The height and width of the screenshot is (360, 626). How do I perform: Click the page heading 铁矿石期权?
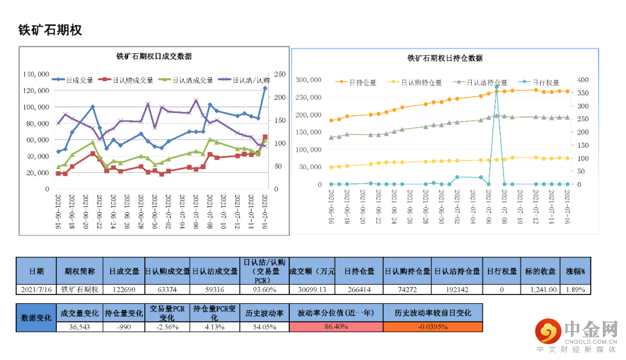(x=50, y=30)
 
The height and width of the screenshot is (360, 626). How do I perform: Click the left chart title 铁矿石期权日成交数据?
(x=154, y=57)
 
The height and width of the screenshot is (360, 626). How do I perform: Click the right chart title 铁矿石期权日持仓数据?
(x=445, y=58)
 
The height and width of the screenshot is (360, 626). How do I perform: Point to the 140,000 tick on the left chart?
(x=36, y=74)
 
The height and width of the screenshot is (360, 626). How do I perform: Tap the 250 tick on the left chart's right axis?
(x=280, y=74)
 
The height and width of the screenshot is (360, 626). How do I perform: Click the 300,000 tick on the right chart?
(x=309, y=80)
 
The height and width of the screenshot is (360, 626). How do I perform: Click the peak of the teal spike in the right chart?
(x=497, y=87)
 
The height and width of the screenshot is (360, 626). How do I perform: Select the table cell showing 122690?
(x=124, y=289)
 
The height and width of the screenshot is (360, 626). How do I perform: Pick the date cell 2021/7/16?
(x=36, y=289)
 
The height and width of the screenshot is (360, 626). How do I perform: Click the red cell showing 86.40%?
(x=336, y=327)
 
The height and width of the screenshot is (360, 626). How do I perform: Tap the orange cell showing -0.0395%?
(x=432, y=327)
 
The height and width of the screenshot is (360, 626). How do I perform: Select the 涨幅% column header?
(x=576, y=271)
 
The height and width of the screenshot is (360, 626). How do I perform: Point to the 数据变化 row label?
(x=36, y=318)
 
